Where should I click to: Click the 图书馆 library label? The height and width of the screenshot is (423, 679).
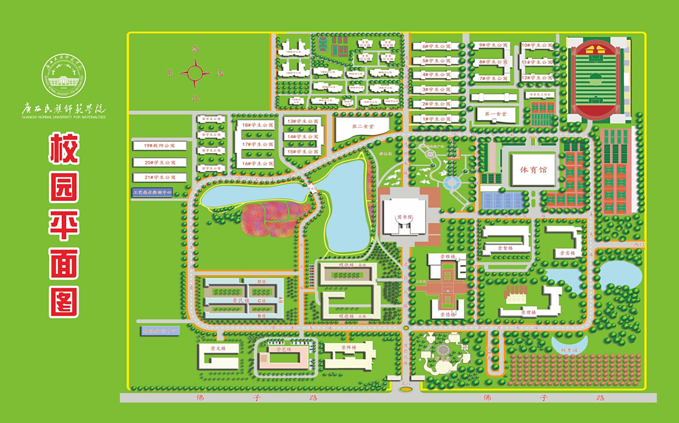[405, 217]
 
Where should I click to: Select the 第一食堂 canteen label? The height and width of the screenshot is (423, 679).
[491, 114]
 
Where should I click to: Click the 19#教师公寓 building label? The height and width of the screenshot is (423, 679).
[160, 146]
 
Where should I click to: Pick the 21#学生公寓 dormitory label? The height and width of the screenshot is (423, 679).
[160, 177]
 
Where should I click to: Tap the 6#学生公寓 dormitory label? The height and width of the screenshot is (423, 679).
[436, 46]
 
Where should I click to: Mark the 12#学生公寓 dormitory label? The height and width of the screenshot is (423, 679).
[537, 78]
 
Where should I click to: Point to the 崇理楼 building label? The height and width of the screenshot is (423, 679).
[528, 313]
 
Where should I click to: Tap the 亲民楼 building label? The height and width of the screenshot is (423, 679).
[238, 301]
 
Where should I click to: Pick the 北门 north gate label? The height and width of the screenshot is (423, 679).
[405, 384]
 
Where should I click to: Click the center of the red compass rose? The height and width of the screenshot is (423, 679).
[195, 73]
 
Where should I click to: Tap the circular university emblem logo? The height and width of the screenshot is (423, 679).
[64, 76]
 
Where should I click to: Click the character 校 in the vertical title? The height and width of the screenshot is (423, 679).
[64, 148]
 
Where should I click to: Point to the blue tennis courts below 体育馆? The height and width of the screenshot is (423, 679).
[501, 200]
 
